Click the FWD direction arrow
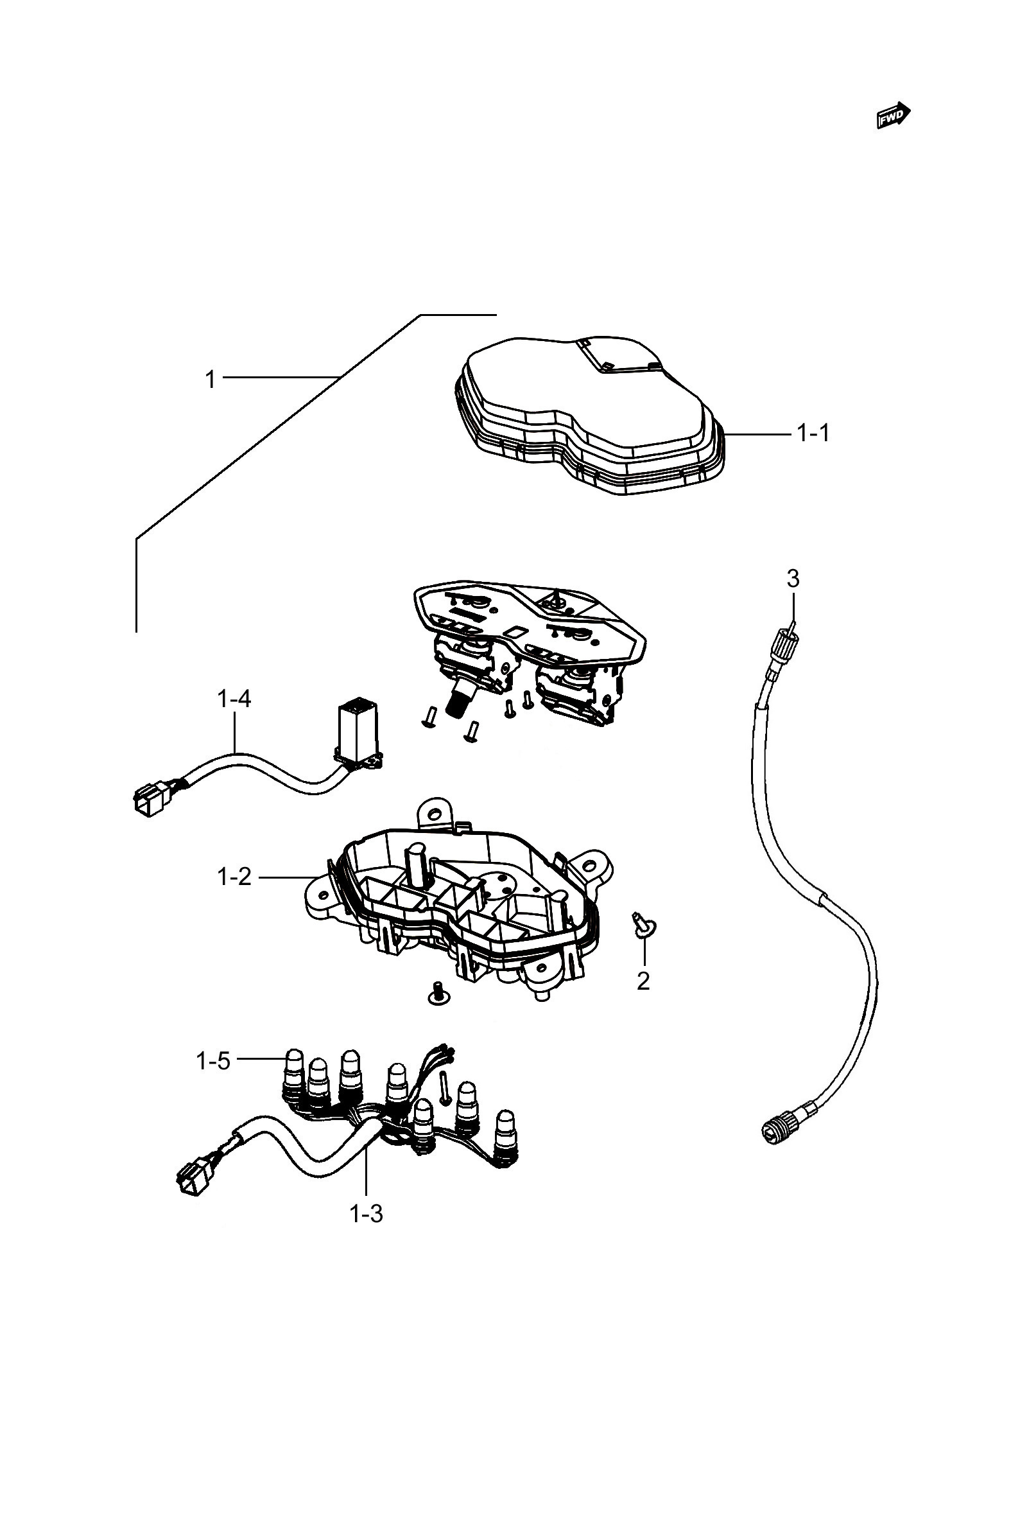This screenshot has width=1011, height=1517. click(894, 116)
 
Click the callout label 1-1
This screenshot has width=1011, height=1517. click(814, 434)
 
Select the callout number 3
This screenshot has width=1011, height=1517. click(793, 579)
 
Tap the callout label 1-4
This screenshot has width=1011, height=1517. click(234, 699)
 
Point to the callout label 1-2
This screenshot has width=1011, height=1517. click(234, 877)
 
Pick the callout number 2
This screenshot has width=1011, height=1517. click(643, 981)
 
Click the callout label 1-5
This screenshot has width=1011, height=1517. click(213, 1061)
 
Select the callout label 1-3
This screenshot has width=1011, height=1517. click(367, 1214)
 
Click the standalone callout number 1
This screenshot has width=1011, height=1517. click(209, 379)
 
